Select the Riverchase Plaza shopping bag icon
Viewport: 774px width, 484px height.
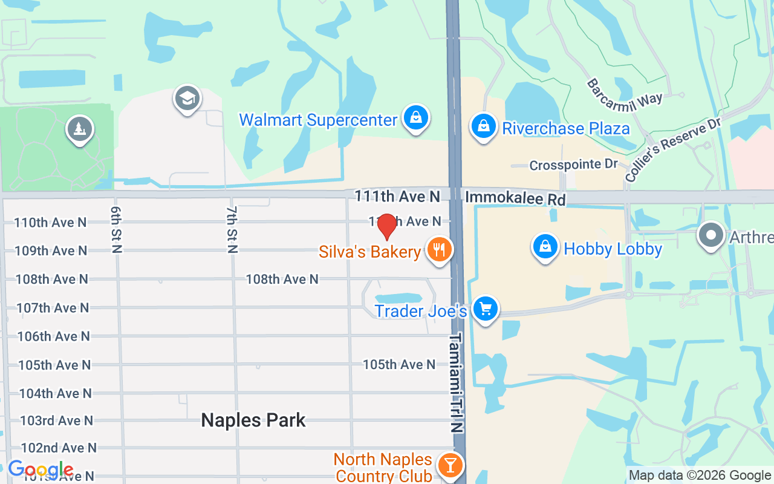pos(483,126)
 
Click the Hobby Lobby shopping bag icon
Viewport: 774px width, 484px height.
pos(545,247)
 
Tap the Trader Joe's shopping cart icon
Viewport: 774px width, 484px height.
pos(485,309)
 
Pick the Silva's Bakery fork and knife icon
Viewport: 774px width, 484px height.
pos(440,249)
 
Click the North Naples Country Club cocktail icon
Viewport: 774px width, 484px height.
pos(450,465)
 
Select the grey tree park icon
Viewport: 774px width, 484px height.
pos(80,128)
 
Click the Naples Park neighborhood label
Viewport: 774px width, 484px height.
pos(253,420)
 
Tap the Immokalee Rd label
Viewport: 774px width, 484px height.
pos(515,198)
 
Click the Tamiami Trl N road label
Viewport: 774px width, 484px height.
pos(457,381)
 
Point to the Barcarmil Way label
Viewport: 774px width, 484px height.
pos(625,91)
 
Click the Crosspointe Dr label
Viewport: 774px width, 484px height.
pos(573,165)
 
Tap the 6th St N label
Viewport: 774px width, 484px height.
pos(116,229)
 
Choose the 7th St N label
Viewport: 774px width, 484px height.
pos(232,229)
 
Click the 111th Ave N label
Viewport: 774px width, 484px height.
pos(397,196)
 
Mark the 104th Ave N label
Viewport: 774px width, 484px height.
pos(55,393)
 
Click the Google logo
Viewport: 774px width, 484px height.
pos(41,469)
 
